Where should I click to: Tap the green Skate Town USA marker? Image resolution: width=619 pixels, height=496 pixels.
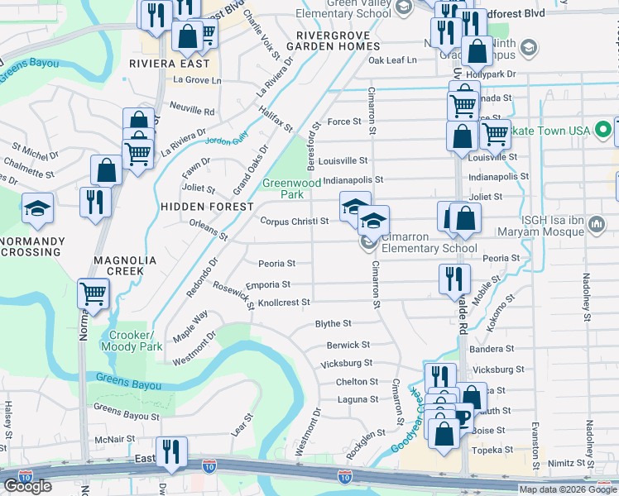603,130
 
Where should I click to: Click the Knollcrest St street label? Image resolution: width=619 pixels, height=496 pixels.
284,303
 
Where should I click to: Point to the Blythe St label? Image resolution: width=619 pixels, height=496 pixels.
333,323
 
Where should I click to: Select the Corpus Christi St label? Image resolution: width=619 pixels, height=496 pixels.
295,221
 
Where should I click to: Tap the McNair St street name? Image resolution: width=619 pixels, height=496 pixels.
115,439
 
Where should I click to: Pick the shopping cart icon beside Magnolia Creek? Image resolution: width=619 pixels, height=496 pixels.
94,293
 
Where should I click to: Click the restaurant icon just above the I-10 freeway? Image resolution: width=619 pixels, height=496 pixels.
171,451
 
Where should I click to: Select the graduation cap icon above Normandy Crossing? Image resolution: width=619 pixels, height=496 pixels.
37,207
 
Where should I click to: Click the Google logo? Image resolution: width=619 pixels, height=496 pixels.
27,486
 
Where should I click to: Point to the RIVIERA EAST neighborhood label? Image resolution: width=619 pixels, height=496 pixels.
175,62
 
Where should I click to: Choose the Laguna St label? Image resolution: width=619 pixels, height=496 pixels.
358,399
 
